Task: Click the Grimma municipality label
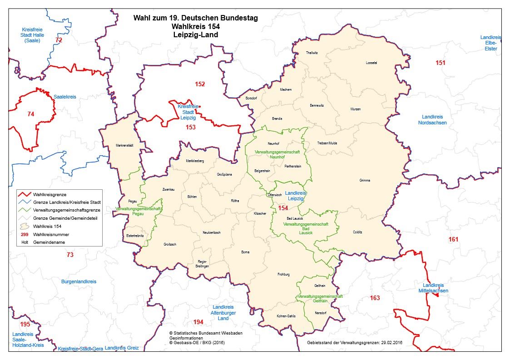click(x=364, y=180)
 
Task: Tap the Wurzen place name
click(x=356, y=109)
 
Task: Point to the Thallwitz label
click(x=312, y=53)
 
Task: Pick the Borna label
click(x=245, y=252)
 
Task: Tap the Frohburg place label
click(x=283, y=274)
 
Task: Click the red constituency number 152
click(x=200, y=84)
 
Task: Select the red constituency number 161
click(x=453, y=239)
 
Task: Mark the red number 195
click(x=25, y=325)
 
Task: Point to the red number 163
click(x=375, y=298)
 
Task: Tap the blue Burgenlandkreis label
click(x=79, y=281)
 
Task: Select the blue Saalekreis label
click(x=65, y=97)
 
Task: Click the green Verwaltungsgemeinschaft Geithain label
click(x=320, y=298)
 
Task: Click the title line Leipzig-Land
click(x=195, y=35)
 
